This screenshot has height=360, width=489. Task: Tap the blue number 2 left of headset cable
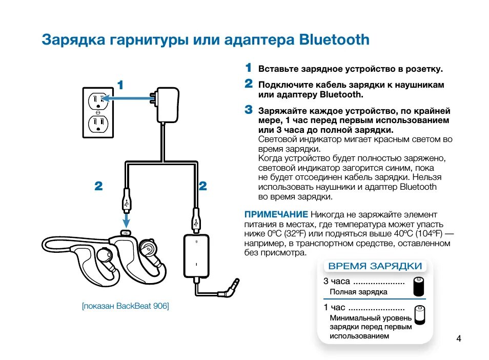tap(99, 187)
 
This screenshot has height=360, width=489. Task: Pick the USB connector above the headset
tap(126, 202)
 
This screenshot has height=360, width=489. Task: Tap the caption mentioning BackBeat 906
tap(126, 306)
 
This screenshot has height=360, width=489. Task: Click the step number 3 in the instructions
tap(249, 109)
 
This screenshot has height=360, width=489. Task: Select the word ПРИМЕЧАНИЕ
tap(276, 214)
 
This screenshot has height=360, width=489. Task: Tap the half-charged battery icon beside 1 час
tap(420, 314)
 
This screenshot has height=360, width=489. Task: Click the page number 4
tap(459, 338)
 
